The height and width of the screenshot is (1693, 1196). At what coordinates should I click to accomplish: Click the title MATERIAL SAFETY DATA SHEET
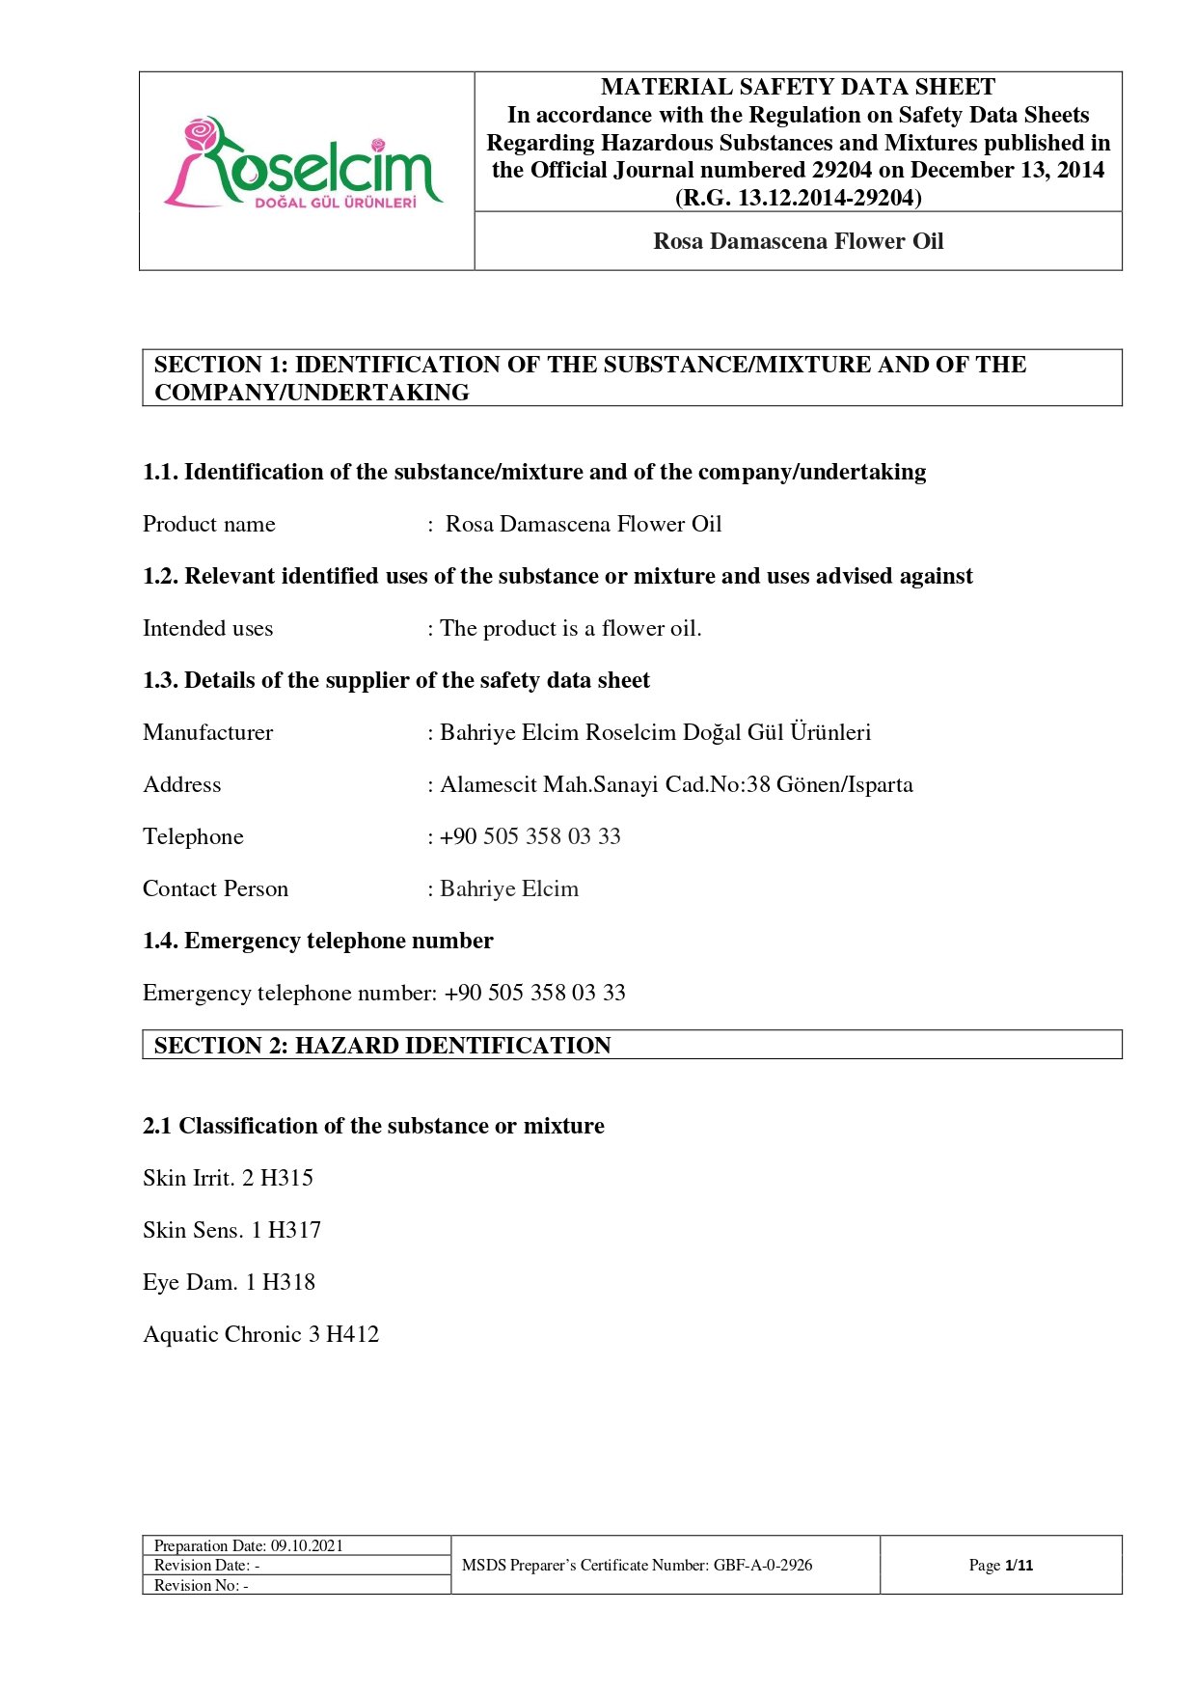[x=798, y=87]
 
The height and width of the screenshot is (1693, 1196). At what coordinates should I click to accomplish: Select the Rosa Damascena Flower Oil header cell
[x=798, y=241]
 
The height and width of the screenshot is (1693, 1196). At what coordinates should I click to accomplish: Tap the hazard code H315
[x=286, y=1178]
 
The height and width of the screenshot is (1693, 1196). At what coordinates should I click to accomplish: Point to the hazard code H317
[x=294, y=1230]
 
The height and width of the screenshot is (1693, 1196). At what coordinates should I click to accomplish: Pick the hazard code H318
[x=288, y=1282]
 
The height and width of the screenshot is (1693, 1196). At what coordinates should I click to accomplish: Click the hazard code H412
[x=352, y=1334]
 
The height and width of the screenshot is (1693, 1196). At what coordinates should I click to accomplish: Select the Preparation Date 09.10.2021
[x=306, y=1545]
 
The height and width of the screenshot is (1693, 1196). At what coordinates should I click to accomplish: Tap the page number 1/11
[x=1019, y=1565]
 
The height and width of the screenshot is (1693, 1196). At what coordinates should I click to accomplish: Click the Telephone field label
[x=193, y=836]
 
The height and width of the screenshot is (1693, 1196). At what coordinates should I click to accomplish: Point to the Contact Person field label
[x=215, y=888]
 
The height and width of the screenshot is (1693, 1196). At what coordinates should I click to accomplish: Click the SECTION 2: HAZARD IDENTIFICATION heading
[x=382, y=1046]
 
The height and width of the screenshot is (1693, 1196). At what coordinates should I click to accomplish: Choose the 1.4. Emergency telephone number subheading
[x=317, y=941]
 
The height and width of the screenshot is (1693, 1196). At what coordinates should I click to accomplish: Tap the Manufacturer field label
[x=207, y=732]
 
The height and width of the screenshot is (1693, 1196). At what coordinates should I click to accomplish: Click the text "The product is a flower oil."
[x=570, y=628]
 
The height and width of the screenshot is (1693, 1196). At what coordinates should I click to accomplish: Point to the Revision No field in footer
[x=201, y=1585]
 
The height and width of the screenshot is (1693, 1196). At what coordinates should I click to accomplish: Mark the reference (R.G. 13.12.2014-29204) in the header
[x=798, y=198]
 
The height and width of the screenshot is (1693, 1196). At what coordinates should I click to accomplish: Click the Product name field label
[x=208, y=524]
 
